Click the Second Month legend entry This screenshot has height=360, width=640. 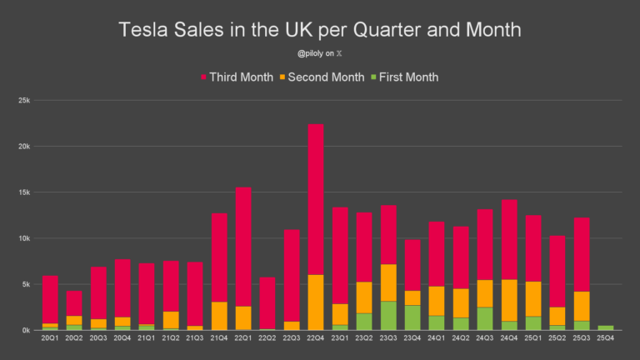point(326,77)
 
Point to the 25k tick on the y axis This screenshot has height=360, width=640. point(24,101)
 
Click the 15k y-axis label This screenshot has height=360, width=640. point(24,192)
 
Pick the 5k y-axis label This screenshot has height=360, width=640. point(26,284)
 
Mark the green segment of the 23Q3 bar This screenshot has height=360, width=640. point(388,316)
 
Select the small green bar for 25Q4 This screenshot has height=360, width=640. point(606,327)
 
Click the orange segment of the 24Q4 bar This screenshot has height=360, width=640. point(509,300)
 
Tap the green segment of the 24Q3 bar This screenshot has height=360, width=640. point(485,319)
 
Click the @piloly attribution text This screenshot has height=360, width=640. point(315,55)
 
